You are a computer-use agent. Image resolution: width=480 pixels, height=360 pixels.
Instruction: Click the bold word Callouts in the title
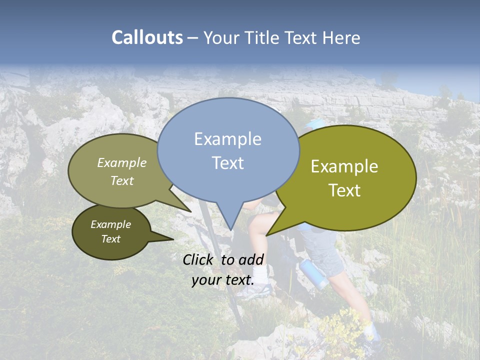pos(147,37)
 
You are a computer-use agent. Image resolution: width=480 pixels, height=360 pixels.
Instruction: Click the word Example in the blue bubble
pos(227,139)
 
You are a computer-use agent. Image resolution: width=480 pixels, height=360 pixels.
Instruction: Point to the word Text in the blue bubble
pos(227,162)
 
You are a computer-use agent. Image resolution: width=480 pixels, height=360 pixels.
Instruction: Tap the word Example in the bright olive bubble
pos(344,166)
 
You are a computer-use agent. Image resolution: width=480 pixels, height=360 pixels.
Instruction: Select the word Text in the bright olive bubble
pos(344,190)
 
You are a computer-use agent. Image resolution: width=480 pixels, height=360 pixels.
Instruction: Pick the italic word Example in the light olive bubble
pos(122,162)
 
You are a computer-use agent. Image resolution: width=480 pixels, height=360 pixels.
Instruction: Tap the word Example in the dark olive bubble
pos(110,224)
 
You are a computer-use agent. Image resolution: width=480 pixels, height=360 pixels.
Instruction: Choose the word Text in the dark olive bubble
pos(110,239)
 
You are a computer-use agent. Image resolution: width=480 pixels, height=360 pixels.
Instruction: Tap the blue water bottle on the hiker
pos(313,273)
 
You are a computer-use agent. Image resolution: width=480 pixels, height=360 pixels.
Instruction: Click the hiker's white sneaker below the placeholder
pos(256,292)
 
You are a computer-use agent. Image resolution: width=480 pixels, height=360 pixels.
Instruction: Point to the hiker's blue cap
pos(314,123)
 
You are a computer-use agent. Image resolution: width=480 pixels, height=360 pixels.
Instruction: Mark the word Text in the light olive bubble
pos(122,180)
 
